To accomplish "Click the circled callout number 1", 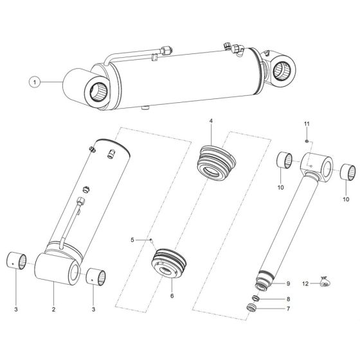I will (x=37, y=82).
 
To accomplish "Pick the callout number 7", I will (x=289, y=310).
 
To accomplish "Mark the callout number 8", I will (x=289, y=298).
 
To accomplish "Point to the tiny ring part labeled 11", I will (x=308, y=141).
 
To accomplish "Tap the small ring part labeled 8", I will (x=255, y=298).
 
